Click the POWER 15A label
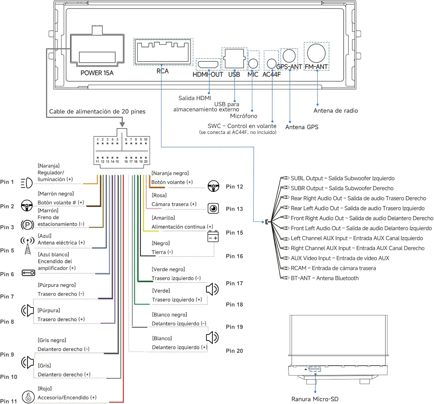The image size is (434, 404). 97,73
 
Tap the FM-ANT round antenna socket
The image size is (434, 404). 316,53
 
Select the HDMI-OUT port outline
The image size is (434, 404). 208,65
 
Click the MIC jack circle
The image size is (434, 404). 253,64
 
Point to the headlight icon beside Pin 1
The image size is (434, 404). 26,183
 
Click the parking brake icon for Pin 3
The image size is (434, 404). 27,225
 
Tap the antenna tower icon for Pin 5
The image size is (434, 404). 27,245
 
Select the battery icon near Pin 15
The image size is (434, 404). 213,236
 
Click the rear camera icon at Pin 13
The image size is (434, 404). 213,209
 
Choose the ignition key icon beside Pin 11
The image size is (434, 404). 28,397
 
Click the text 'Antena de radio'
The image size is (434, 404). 335,111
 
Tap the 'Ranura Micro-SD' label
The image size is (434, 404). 315,399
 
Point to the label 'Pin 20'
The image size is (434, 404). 234,351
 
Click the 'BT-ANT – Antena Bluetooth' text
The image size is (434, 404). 325,278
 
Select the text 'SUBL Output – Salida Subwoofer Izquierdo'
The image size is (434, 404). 343,178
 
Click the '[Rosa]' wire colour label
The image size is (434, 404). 159,195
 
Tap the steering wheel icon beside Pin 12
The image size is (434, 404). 213,186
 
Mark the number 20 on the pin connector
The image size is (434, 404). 146,162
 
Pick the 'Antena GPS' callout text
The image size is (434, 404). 301,127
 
